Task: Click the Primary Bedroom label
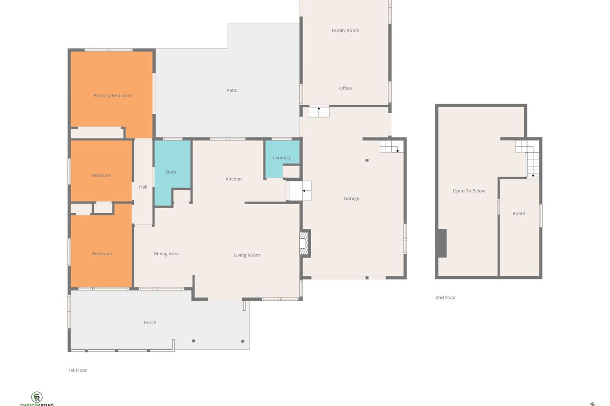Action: coord(113,96)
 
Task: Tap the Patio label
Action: coord(232,90)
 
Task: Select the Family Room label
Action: coord(346,30)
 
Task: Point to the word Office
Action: coord(346,88)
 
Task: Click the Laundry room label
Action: coord(282,158)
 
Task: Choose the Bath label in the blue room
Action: coord(171,172)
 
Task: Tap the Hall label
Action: coord(143,187)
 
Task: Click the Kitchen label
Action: coord(234,179)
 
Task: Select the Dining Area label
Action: coord(166,254)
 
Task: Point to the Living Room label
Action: coord(247,255)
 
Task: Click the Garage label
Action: coord(352,198)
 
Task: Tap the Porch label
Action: coord(150,323)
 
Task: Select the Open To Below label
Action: coord(469,191)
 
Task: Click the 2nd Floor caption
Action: coord(446,297)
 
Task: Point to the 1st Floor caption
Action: coord(78,370)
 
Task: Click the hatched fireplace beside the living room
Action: coord(304,243)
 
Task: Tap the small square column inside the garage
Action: coord(367,160)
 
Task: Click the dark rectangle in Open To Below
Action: coord(442,243)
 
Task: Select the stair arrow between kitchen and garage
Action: coord(306,191)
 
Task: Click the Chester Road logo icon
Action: coord(37,397)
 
